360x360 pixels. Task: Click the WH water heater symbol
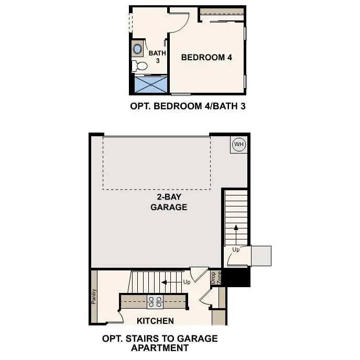pos(239,144)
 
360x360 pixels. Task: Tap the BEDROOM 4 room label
pos(206,58)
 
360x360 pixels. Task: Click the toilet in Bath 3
pos(139,66)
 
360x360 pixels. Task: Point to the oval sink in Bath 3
pos(138,50)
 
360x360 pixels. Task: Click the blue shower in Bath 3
pos(151,85)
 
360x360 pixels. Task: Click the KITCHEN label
pos(155,321)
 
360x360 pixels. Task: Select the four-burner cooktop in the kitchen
pos(155,301)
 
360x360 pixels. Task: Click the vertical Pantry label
pos(94,296)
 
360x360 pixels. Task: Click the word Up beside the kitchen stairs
pos(186,282)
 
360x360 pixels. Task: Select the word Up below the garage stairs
pos(236,250)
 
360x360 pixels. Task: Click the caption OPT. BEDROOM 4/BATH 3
pos(188,106)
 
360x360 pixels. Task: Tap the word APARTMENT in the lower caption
pos(159,347)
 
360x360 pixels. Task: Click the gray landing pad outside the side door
pos(261,256)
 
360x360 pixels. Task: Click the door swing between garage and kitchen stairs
pos(195,274)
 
